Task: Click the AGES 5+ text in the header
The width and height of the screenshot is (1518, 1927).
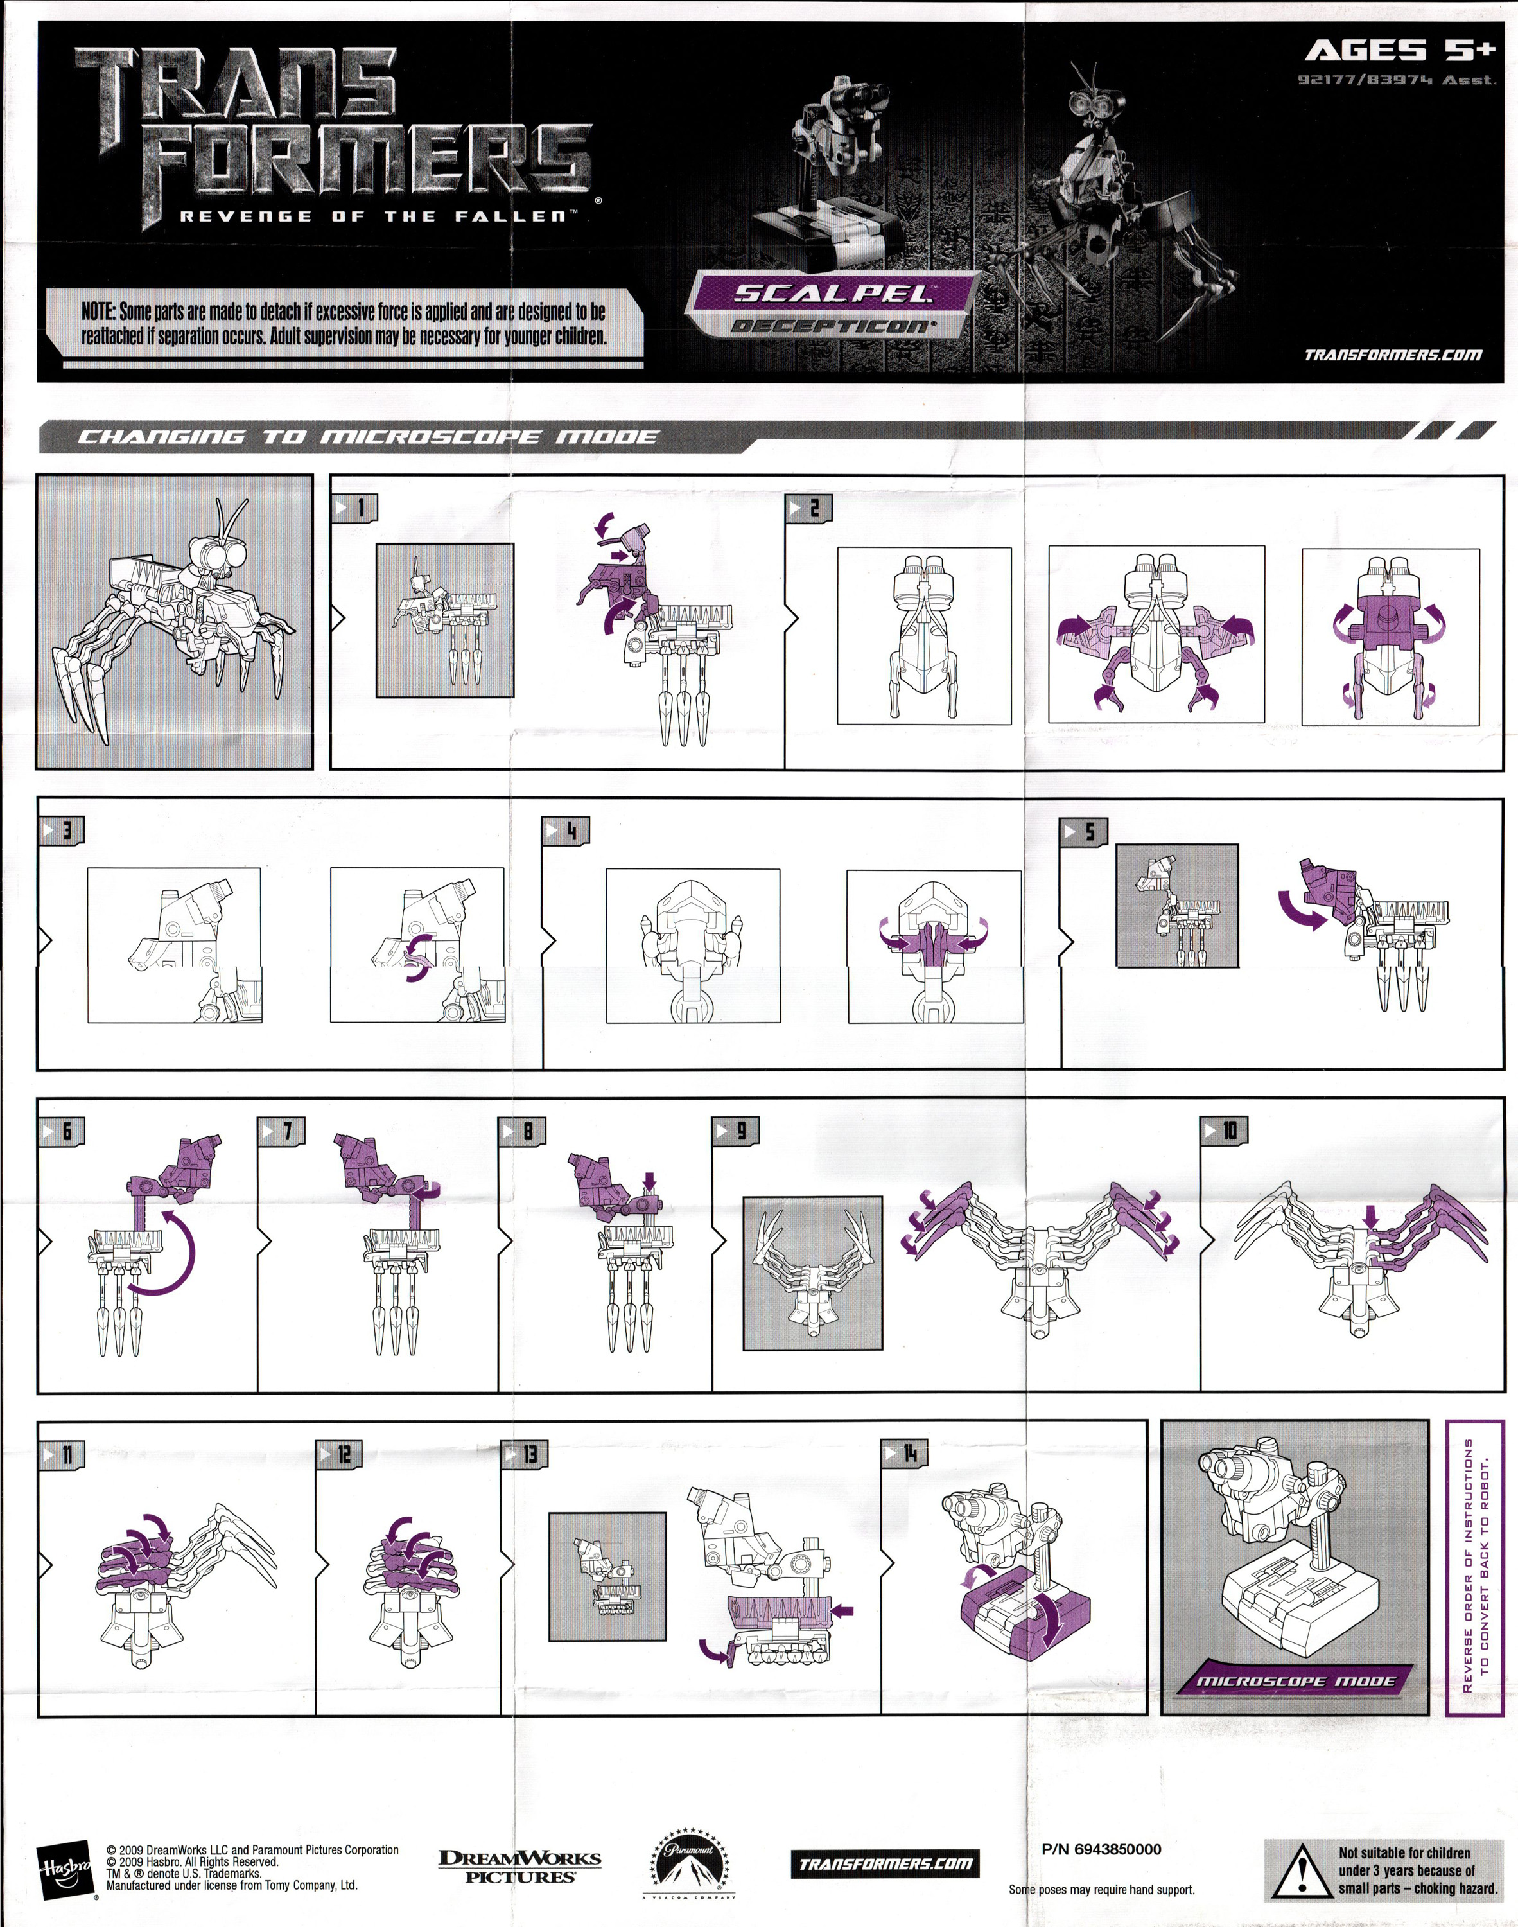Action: [x=1399, y=51]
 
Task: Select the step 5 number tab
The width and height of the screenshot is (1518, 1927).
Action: [x=1083, y=831]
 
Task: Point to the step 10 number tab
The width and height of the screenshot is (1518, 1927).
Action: [x=1224, y=1131]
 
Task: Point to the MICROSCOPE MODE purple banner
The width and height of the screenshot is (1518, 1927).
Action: [x=1296, y=1681]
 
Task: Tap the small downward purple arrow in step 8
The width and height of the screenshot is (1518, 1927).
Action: [x=649, y=1181]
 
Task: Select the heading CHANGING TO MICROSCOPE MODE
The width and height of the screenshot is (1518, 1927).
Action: [x=368, y=437]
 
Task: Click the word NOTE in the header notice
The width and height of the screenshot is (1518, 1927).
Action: [x=98, y=311]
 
